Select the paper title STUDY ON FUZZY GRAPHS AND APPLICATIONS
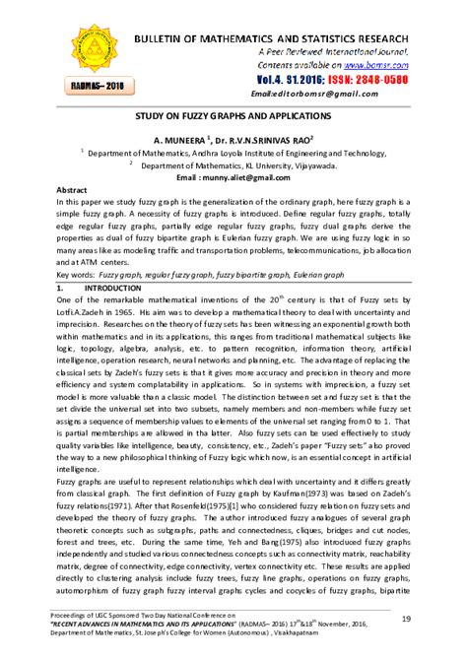click(x=233, y=114)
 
